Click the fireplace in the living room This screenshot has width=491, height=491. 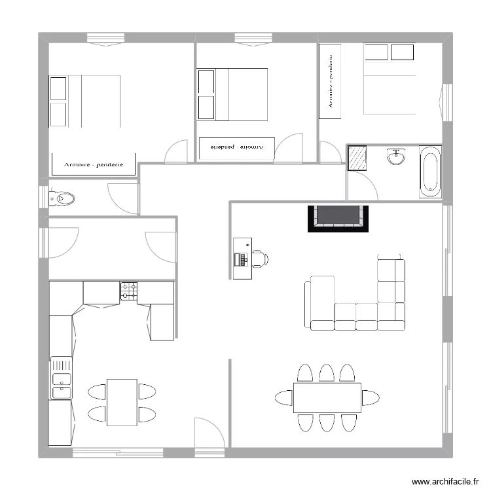tap(338, 218)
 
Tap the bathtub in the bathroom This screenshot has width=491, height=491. tap(430, 172)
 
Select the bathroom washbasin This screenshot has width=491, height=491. tap(396, 157)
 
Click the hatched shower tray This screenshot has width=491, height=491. tap(357, 157)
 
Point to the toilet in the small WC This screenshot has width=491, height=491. tap(62, 197)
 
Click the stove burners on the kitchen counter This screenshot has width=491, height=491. tap(128, 292)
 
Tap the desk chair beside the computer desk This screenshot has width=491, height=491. tap(260, 259)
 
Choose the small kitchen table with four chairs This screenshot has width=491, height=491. tap(122, 402)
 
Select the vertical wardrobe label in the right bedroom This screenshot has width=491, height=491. tap(331, 81)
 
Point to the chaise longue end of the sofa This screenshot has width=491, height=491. tap(319, 301)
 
